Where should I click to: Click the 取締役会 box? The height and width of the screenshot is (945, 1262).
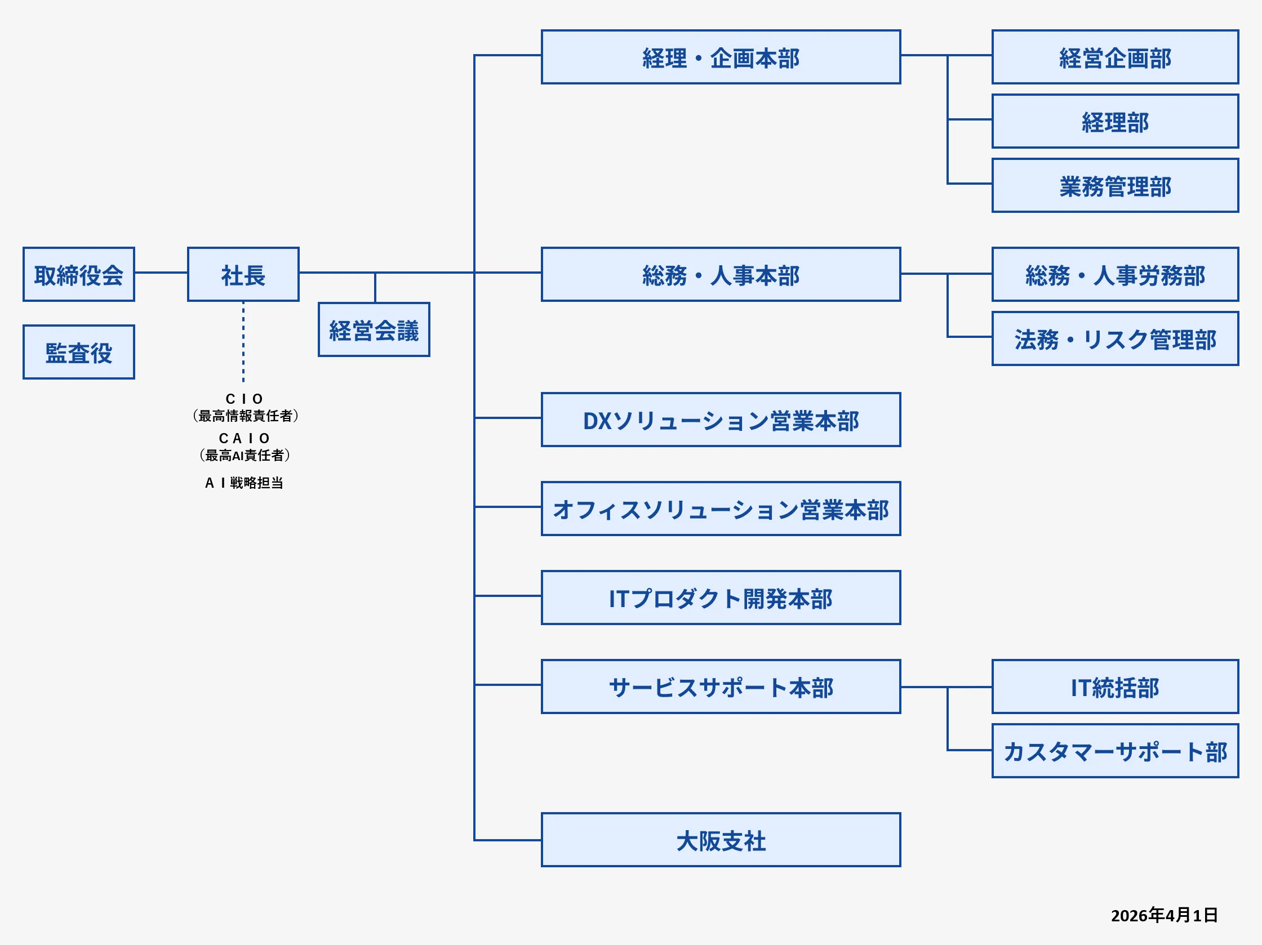(79, 274)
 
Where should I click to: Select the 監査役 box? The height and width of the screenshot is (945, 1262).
(79, 352)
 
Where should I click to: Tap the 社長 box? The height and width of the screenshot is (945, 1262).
(243, 274)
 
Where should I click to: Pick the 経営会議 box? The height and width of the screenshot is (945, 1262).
(374, 329)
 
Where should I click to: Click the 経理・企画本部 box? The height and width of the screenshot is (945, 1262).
(721, 57)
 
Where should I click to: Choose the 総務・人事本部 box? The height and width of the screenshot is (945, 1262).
(721, 274)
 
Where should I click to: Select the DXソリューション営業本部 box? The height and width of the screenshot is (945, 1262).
(721, 420)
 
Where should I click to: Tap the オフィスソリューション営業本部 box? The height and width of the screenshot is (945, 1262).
(721, 509)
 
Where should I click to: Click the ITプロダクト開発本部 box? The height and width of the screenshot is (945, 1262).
(721, 598)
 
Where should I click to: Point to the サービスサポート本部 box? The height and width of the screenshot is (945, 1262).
(721, 687)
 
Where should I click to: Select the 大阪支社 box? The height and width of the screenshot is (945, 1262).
(721, 840)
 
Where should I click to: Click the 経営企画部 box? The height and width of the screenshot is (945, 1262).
(1115, 57)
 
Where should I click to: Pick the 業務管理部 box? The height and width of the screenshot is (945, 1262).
(1115, 186)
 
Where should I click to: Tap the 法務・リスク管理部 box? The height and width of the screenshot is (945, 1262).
(1115, 339)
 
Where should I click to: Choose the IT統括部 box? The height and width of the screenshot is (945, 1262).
(1115, 687)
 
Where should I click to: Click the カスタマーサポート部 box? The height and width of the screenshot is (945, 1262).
(1115, 751)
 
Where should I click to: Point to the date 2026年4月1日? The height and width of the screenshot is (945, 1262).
(1164, 915)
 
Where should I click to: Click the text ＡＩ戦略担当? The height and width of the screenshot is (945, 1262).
(244, 483)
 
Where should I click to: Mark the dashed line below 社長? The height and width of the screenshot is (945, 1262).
(243, 342)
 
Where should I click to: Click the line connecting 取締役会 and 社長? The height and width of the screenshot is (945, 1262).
(161, 273)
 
